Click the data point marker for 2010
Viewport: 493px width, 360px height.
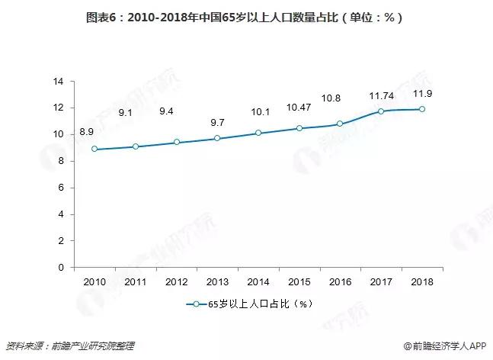click(94, 149)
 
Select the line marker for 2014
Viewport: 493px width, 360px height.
click(258, 133)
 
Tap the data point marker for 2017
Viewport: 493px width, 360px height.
click(381, 111)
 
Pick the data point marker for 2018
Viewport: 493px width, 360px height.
click(421, 109)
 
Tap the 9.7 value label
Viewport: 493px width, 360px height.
click(217, 122)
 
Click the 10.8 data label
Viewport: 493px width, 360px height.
click(340, 98)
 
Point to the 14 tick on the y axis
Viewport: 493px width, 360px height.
click(58, 81)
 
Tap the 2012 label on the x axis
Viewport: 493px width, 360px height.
click(176, 281)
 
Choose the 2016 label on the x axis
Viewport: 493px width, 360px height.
click(340, 281)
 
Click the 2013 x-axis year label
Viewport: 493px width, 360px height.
click(217, 281)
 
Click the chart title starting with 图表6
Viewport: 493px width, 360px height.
click(246, 14)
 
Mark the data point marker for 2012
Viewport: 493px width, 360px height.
click(176, 142)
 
